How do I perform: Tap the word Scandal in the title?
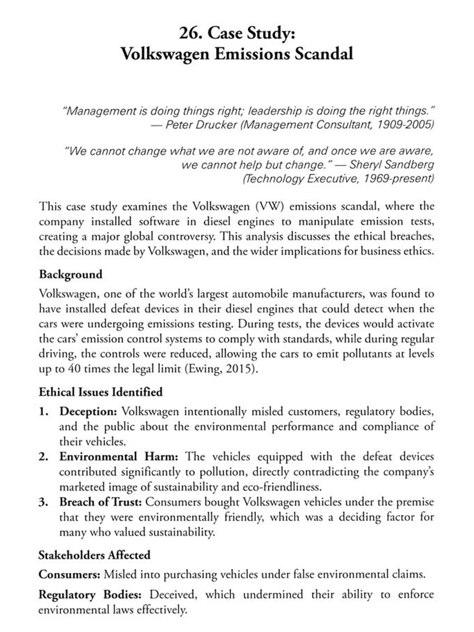pos(324,54)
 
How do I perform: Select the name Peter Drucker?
pos(201,125)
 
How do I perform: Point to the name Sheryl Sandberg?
pos(392,165)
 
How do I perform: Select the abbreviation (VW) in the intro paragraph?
pos(270,206)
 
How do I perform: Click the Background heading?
pos(70,274)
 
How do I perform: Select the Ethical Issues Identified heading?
pos(100,392)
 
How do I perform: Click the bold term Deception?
pos(88,411)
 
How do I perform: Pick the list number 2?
pos(43,457)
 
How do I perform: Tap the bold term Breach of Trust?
pos(100,502)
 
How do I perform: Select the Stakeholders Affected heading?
pos(94,555)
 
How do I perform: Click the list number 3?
pos(43,502)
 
